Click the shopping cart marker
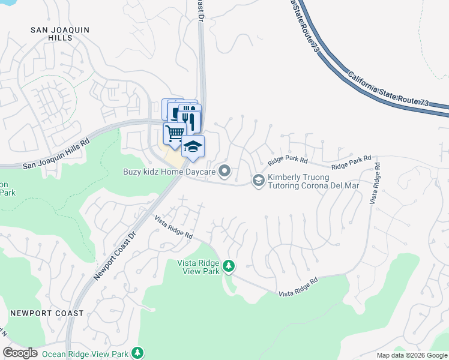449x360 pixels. pos(174,133)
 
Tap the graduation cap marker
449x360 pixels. pos(193,146)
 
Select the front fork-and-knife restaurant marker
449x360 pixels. pos(190,119)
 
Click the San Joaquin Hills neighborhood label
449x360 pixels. pos(52,33)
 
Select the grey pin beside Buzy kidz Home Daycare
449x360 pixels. pos(224,172)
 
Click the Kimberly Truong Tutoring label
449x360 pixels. pos(313,181)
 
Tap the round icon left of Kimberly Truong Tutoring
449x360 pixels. pos(258,180)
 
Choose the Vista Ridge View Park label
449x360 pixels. pos(199,266)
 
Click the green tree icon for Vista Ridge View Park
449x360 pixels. pos(228,265)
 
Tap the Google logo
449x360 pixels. pos(20,353)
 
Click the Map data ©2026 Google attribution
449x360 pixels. pos(412,355)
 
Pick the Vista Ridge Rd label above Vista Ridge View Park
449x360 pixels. pos(173,227)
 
